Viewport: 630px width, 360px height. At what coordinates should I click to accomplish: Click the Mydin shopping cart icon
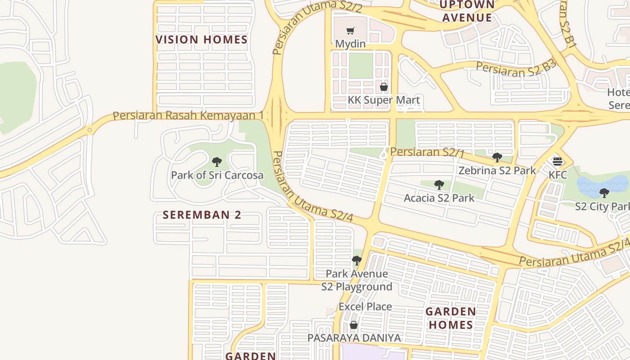pyautogui.click(x=351, y=31)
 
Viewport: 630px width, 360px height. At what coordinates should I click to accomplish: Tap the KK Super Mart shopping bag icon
pyautogui.click(x=384, y=87)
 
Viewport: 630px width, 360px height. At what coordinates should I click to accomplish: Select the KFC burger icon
pyautogui.click(x=558, y=161)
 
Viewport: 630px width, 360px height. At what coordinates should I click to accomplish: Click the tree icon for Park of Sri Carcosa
pyautogui.click(x=217, y=162)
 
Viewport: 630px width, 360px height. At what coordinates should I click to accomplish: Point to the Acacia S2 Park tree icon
pyautogui.click(x=439, y=185)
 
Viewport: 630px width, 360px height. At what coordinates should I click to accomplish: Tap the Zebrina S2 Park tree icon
pyautogui.click(x=497, y=157)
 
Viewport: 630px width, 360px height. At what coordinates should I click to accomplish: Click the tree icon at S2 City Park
pyautogui.click(x=604, y=193)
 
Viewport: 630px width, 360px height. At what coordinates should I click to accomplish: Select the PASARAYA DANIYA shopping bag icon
pyautogui.click(x=354, y=325)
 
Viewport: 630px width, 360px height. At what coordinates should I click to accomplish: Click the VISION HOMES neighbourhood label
pyautogui.click(x=202, y=40)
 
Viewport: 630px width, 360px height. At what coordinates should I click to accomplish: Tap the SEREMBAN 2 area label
pyautogui.click(x=202, y=215)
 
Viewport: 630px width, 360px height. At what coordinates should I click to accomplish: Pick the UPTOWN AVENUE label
pyautogui.click(x=467, y=11)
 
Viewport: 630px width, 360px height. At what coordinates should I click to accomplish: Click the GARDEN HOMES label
pyautogui.click(x=450, y=318)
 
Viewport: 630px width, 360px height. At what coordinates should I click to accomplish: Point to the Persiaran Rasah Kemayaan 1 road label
pyautogui.click(x=188, y=116)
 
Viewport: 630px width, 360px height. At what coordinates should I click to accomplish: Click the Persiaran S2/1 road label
pyautogui.click(x=427, y=152)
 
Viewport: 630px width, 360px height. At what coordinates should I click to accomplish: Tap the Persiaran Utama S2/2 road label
pyautogui.click(x=315, y=22)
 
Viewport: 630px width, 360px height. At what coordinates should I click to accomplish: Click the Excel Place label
pyautogui.click(x=365, y=306)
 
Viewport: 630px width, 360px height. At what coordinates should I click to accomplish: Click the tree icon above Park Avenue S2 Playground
pyautogui.click(x=356, y=260)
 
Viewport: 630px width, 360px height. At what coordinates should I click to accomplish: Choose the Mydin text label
pyautogui.click(x=351, y=44)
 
